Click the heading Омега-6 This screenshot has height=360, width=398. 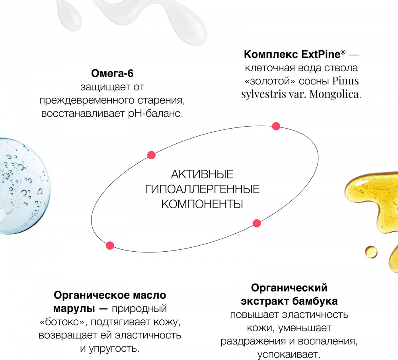click(112, 73)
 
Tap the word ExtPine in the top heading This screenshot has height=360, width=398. click(320, 54)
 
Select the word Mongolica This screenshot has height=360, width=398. click(335, 94)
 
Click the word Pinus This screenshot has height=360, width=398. click(345, 81)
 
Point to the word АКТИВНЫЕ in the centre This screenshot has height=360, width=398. click(202, 174)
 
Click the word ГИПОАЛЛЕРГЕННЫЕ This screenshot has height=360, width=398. click(202, 189)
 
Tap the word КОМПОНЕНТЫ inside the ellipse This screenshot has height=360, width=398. click(202, 204)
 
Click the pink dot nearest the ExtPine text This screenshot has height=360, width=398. click(276, 126)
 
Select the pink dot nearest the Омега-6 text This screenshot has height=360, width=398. click(151, 155)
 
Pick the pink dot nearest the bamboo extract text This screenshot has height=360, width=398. click(257, 223)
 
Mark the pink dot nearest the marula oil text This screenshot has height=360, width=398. click(110, 245)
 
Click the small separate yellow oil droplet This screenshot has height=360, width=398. click(371, 252)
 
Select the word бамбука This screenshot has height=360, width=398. click(315, 301)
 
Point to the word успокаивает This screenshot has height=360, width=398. click(289, 354)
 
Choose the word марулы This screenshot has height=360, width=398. click(74, 309)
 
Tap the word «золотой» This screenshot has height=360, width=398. click(270, 81)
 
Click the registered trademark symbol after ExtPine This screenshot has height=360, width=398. click(343, 52)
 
